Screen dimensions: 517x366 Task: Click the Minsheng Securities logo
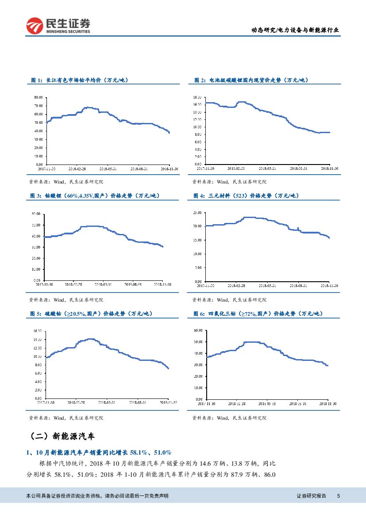click(x=58, y=25)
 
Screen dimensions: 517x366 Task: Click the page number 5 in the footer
click(x=339, y=496)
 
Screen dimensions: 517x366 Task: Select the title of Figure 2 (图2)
click(x=251, y=80)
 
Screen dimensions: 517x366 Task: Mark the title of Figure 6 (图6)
click(x=258, y=314)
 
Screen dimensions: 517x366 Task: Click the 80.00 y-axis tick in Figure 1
click(x=38, y=97)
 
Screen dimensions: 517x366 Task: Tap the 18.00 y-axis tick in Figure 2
click(x=197, y=97)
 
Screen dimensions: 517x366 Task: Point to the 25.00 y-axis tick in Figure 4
click(x=197, y=213)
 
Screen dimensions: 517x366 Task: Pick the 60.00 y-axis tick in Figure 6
click(x=198, y=330)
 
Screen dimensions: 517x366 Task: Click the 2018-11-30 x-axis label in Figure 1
click(x=169, y=169)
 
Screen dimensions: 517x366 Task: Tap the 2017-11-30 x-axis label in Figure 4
click(x=205, y=286)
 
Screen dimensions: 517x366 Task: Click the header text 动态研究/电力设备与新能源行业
click(x=296, y=30)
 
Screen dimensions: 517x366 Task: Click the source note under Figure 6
click(x=229, y=417)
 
